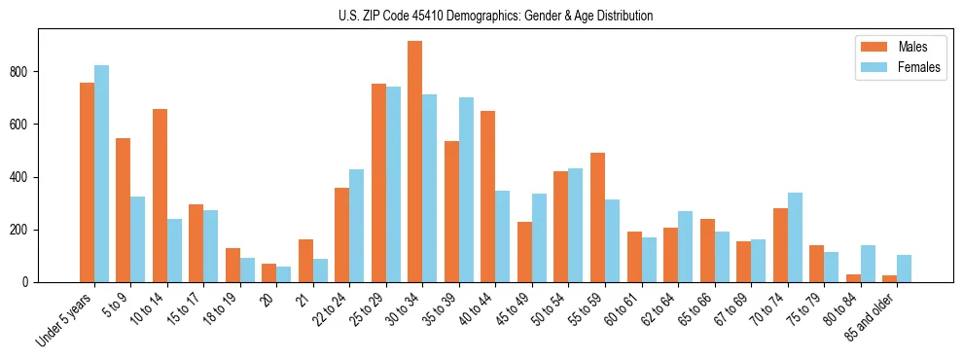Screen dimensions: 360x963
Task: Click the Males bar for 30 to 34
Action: pyautogui.click(x=415, y=162)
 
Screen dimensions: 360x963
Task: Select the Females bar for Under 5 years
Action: pyautogui.click(x=101, y=174)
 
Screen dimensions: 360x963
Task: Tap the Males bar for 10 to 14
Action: pyautogui.click(x=160, y=196)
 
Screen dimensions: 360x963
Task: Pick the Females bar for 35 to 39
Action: pyautogui.click(x=466, y=190)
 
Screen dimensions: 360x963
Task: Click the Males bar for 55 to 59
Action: pyautogui.click(x=597, y=217)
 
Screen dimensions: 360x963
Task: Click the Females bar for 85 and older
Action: pyautogui.click(x=904, y=269)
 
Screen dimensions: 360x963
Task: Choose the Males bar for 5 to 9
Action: pyautogui.click(x=124, y=210)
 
